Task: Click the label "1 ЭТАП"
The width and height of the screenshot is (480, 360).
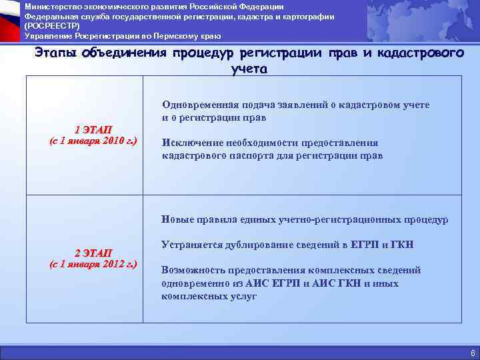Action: pyautogui.click(x=93, y=129)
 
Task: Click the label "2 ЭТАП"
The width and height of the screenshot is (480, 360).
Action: pyautogui.click(x=93, y=253)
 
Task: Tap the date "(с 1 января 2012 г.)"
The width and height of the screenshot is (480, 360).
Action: pyautogui.click(x=93, y=265)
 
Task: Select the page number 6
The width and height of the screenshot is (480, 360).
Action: pyautogui.click(x=472, y=353)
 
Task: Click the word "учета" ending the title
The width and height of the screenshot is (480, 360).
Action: pyautogui.click(x=249, y=68)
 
